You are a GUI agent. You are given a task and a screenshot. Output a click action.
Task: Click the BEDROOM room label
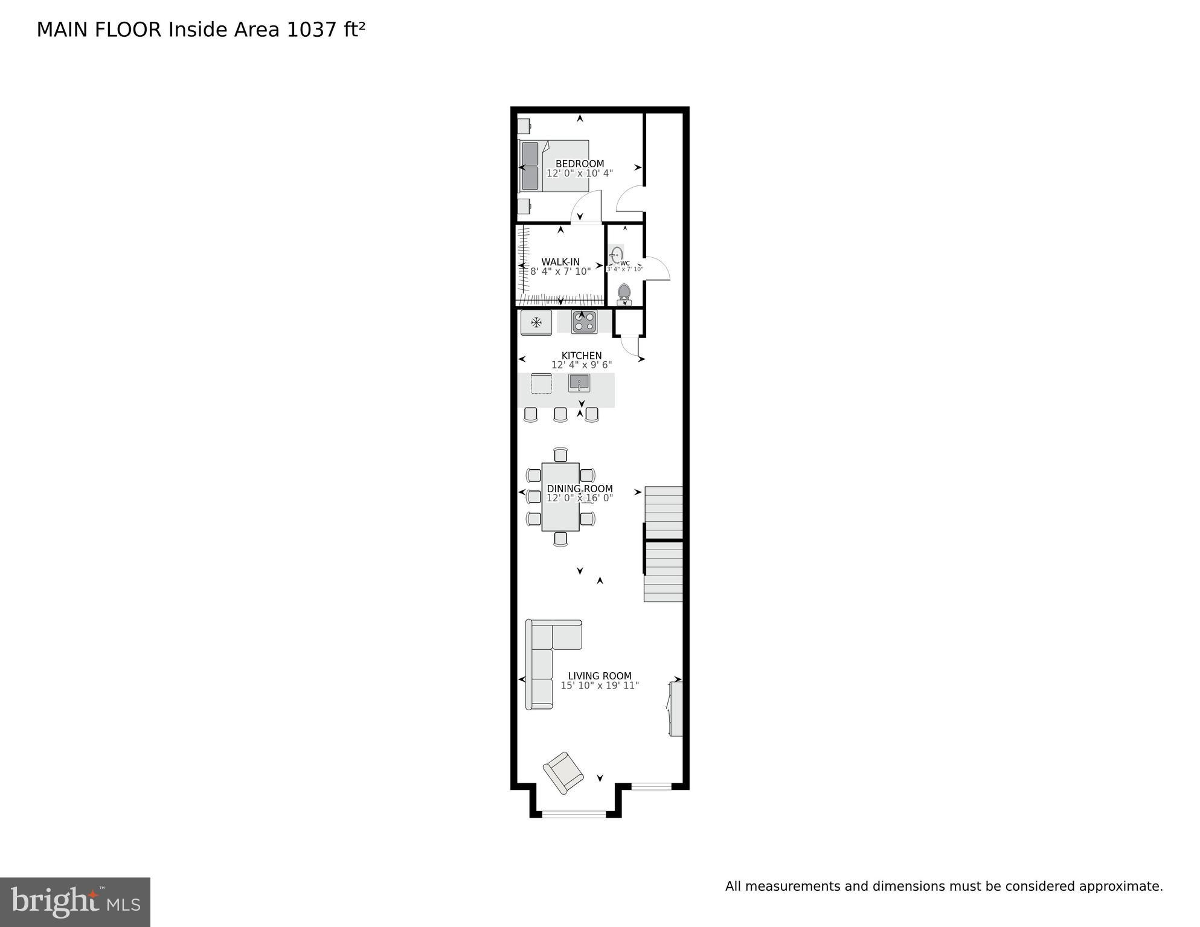click(579, 164)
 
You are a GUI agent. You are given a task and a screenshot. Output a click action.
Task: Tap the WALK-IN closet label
click(560, 261)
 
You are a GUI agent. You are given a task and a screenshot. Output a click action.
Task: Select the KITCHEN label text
click(581, 355)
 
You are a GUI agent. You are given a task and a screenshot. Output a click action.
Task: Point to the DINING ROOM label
click(579, 489)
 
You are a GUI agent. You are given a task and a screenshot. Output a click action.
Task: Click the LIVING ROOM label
click(599, 676)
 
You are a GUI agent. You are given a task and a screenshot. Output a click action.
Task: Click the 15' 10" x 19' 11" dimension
click(599, 685)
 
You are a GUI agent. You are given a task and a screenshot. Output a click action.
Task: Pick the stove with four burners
click(584, 321)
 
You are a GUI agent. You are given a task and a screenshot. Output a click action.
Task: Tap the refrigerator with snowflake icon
click(536, 322)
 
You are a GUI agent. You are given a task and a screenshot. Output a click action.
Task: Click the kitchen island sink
click(579, 382)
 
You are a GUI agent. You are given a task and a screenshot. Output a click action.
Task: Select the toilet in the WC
click(624, 294)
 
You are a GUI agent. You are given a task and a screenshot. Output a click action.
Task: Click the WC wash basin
click(617, 254)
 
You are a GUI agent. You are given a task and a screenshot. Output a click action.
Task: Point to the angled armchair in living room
click(563, 772)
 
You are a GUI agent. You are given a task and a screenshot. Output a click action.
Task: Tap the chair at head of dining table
click(560, 454)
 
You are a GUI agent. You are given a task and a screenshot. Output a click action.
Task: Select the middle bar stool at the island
click(560, 414)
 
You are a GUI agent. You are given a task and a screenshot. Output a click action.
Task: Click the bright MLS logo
click(75, 902)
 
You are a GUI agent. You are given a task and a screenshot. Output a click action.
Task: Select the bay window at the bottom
click(574, 814)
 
